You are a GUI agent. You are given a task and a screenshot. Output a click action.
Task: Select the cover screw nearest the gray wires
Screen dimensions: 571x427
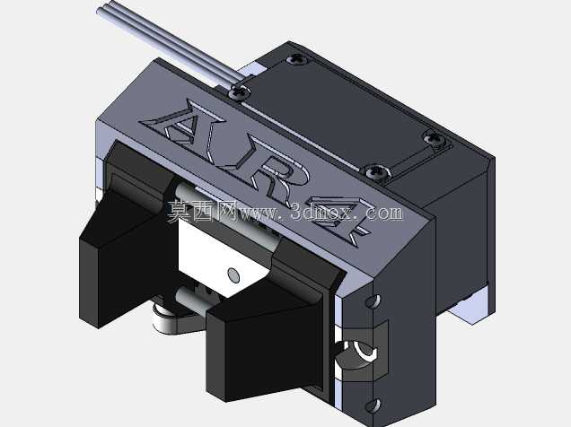coord(239,92)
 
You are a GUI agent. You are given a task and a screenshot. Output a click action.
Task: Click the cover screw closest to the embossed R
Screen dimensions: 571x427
coord(375,172)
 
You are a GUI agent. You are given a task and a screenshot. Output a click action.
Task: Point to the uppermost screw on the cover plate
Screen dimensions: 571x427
coord(296,59)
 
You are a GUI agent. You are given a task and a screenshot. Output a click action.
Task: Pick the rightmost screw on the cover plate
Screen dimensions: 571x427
coord(434,138)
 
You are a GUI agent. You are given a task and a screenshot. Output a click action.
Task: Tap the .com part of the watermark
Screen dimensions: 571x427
coord(382,212)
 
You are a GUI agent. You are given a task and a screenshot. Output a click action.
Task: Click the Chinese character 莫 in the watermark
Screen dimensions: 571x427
coord(179,211)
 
